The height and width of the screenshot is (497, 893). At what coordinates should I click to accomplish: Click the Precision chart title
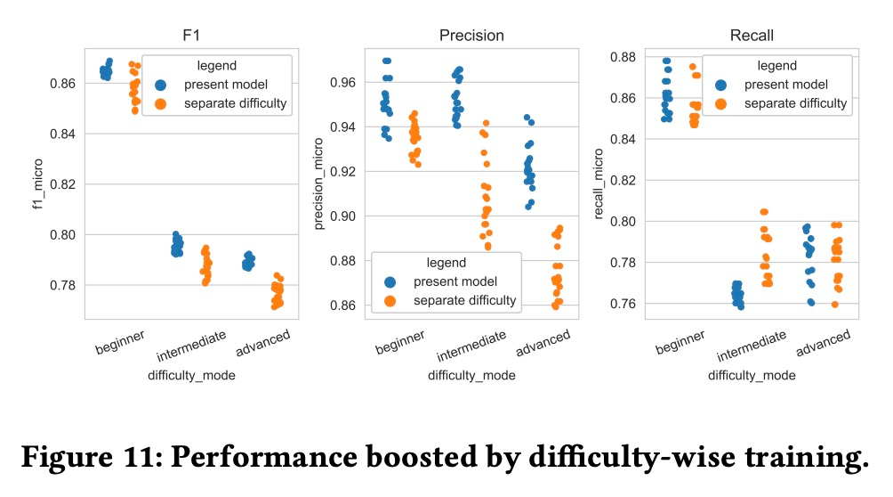pyautogui.click(x=471, y=37)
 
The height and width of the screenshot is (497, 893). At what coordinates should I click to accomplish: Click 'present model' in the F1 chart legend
pyautogui.click(x=226, y=84)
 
